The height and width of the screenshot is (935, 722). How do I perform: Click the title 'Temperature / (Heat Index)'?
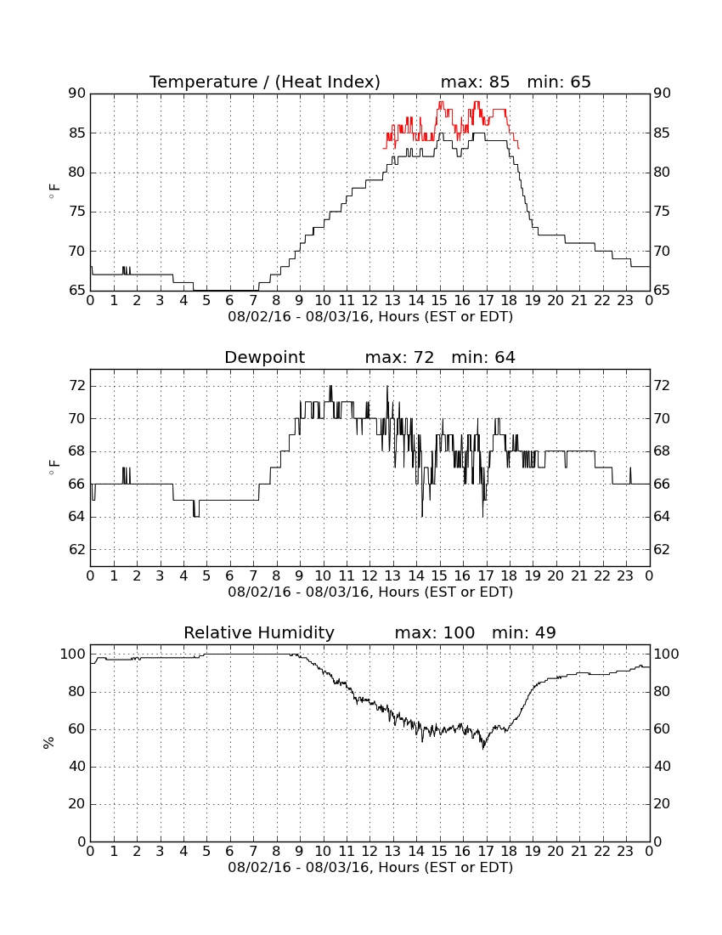pyautogui.click(x=264, y=82)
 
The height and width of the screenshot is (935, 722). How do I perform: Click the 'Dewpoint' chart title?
pyautogui.click(x=264, y=357)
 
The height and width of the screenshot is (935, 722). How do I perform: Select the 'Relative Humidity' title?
pyautogui.click(x=259, y=632)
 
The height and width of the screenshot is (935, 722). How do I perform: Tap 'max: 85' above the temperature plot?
pyautogui.click(x=476, y=82)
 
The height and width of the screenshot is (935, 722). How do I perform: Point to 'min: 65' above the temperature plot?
pyautogui.click(x=559, y=82)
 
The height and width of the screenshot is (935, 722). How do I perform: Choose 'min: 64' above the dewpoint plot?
pyautogui.click(x=483, y=357)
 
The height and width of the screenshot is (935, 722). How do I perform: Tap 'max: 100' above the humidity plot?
pyautogui.click(x=435, y=632)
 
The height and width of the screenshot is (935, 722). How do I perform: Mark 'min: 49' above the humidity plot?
pyautogui.click(x=523, y=632)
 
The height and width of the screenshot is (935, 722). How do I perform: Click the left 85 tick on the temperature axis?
pyautogui.click(x=78, y=133)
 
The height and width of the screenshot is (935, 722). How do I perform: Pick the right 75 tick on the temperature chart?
pyautogui.click(x=662, y=212)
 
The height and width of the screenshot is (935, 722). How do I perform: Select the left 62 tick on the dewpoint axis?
pyautogui.click(x=78, y=549)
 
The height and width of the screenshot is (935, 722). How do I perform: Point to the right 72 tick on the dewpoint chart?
pyautogui.click(x=662, y=386)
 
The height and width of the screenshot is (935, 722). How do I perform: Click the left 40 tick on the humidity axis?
pyautogui.click(x=78, y=766)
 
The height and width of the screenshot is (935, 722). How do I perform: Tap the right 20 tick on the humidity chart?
pyautogui.click(x=662, y=804)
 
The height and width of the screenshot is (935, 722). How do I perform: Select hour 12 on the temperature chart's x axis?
pyautogui.click(x=370, y=301)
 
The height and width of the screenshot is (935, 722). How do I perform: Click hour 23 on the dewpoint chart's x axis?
pyautogui.click(x=625, y=576)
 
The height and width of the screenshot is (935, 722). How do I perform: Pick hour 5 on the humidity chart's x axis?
pyautogui.click(x=206, y=852)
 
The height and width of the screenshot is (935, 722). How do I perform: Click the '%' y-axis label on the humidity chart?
pyautogui.click(x=49, y=742)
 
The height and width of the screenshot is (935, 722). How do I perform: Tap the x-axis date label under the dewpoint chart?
pyautogui.click(x=370, y=592)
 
